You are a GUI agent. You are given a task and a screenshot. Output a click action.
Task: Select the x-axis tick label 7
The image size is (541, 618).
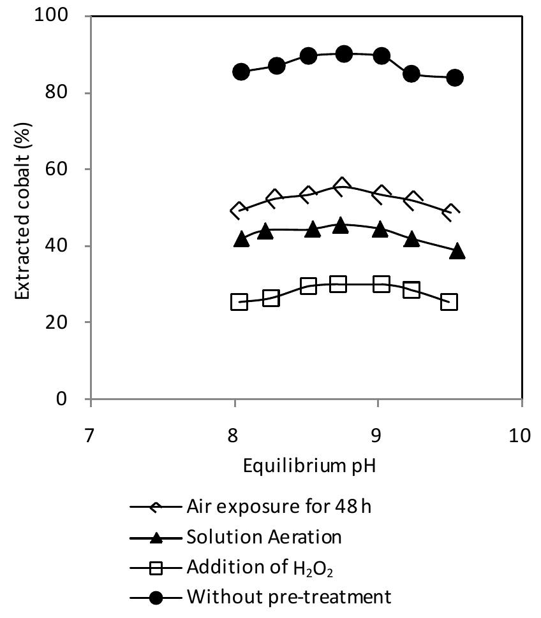click(x=91, y=436)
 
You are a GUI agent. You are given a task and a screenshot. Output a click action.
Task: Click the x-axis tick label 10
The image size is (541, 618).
click(x=521, y=436)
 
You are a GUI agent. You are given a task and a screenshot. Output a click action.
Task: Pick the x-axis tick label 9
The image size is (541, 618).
click(x=378, y=436)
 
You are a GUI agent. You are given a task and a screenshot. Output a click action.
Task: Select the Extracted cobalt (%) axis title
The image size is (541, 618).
click(x=24, y=208)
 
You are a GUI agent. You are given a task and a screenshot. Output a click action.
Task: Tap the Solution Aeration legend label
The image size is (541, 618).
click(x=263, y=537)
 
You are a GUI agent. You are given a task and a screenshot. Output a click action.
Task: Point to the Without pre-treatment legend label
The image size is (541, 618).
click(x=288, y=597)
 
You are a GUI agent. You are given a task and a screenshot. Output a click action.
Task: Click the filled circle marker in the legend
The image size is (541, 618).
click(x=156, y=597)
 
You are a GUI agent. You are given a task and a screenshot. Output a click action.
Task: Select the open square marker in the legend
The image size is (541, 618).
click(x=156, y=567)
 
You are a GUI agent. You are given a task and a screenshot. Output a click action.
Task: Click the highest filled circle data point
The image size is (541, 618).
click(x=344, y=54)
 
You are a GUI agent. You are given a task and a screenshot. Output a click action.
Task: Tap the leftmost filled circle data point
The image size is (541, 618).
click(x=241, y=71)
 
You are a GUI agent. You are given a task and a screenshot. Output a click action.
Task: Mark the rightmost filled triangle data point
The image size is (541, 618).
click(x=457, y=251)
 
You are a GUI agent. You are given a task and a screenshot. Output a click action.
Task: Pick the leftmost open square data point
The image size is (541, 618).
click(x=239, y=302)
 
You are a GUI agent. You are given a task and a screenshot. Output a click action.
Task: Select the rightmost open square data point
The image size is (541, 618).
click(x=449, y=302)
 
